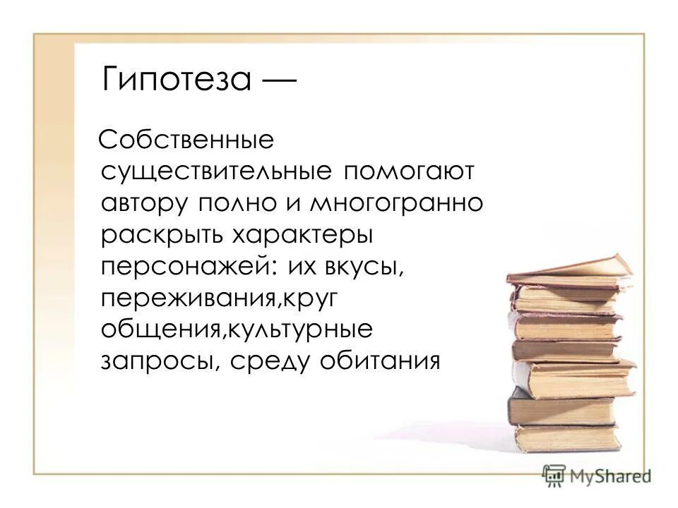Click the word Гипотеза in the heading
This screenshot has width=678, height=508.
176,79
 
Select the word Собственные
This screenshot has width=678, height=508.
186,139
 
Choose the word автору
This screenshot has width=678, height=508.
144,203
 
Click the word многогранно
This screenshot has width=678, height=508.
398,203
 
